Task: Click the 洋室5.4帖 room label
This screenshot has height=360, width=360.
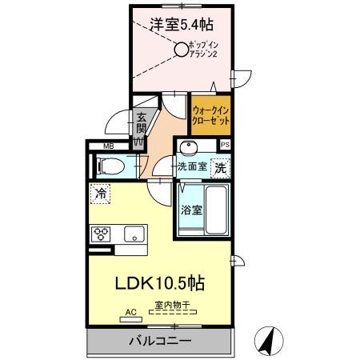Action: point(180,24)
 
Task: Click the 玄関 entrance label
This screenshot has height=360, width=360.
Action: point(141,121)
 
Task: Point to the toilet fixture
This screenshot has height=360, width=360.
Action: point(110,166)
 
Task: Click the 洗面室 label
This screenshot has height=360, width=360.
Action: point(192,168)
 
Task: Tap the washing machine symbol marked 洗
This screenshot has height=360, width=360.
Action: point(220,169)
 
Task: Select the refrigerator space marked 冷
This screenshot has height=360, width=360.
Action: point(101,193)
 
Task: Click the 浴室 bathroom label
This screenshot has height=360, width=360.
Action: point(190,210)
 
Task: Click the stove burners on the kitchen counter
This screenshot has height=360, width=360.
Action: point(103,234)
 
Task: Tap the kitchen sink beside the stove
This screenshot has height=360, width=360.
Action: point(131,234)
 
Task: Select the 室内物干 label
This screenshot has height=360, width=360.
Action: point(171,305)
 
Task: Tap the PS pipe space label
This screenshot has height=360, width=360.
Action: point(226,145)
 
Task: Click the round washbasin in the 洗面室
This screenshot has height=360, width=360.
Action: point(189,148)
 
